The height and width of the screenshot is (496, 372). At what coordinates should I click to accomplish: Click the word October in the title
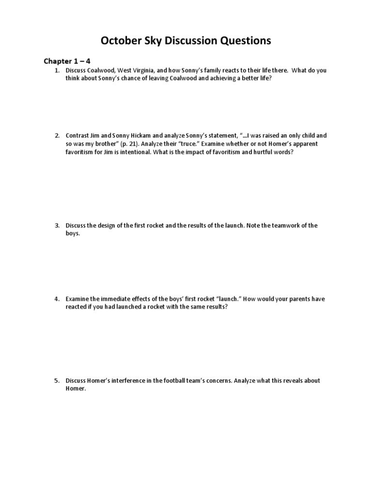point(120,41)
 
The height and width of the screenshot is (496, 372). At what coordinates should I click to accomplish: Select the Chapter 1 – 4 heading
point(67,61)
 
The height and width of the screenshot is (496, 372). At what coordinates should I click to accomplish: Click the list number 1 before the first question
point(56,70)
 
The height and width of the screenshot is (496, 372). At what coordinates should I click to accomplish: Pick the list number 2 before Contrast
point(56,136)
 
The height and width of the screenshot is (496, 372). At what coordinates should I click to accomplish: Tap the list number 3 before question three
point(56,226)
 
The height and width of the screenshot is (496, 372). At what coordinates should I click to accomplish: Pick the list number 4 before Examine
point(56,299)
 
